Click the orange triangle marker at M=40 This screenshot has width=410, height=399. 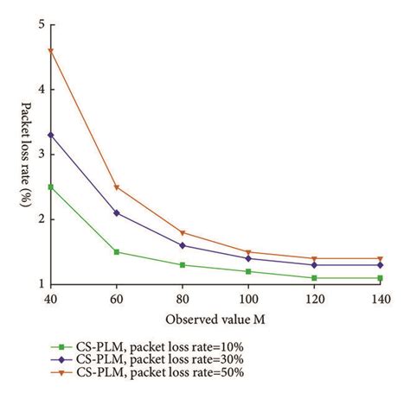(51, 51)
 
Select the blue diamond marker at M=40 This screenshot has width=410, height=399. (51, 135)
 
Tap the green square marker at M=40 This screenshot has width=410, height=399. (51, 187)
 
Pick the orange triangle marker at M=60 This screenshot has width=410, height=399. (117, 187)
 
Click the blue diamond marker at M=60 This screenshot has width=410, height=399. (117, 212)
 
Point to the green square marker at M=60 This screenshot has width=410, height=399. (117, 252)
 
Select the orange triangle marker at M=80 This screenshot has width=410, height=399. (183, 233)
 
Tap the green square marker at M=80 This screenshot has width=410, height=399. (183, 265)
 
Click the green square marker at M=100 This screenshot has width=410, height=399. (248, 271)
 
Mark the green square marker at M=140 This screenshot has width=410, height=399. (380, 278)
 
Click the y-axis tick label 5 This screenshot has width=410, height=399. (40, 24)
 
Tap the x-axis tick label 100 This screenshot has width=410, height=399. (248, 299)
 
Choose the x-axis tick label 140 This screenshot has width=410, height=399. (380, 299)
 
